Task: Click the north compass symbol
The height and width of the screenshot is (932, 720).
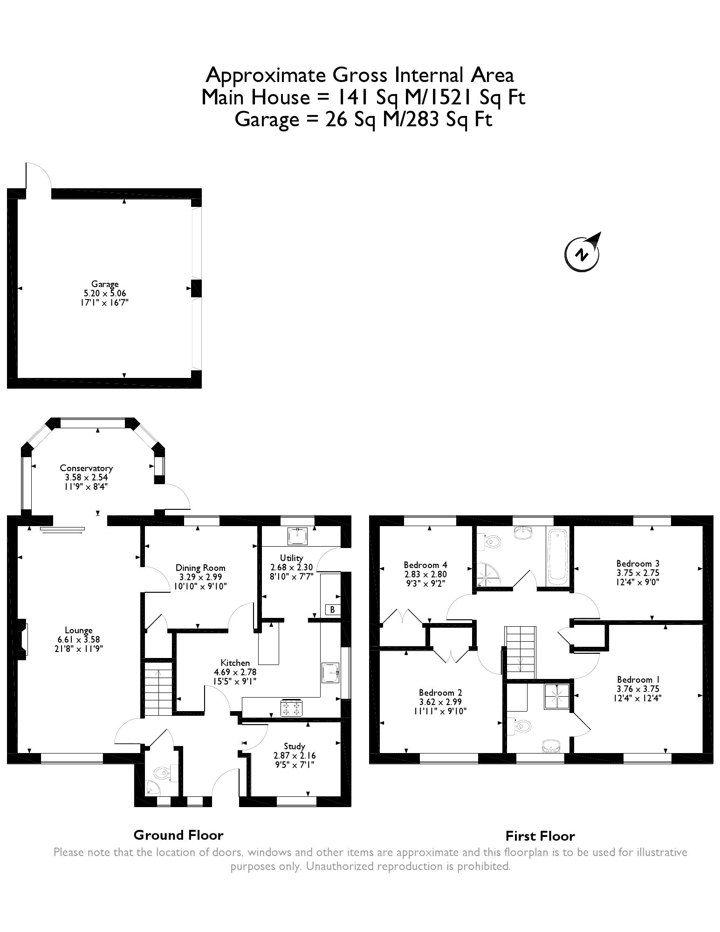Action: point(582,253)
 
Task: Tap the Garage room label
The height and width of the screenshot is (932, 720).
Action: point(105,284)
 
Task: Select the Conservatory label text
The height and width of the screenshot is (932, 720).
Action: point(86,468)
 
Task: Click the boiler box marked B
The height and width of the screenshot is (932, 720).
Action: point(332,610)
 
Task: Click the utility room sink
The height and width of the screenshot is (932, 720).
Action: point(297,536)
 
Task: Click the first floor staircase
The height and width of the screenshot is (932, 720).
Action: point(520,652)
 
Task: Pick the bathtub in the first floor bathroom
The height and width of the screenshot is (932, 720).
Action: point(558,556)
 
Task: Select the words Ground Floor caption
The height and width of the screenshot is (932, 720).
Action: point(178,835)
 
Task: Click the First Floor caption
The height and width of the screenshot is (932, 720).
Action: point(540,836)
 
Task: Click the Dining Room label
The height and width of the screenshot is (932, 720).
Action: point(200,568)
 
